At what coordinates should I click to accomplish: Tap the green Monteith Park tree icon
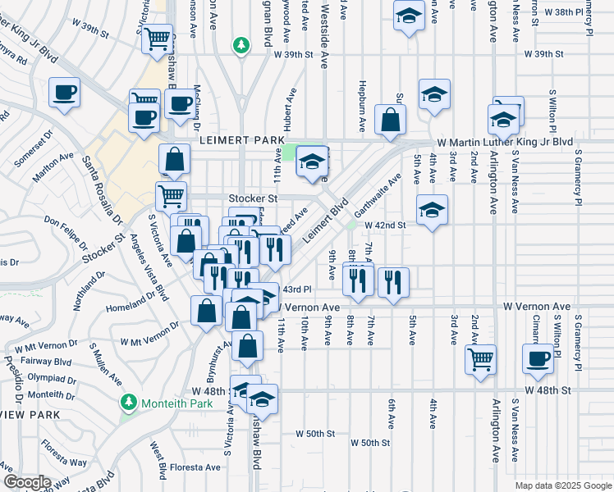coord(128,403)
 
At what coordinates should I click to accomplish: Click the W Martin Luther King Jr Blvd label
coord(505,142)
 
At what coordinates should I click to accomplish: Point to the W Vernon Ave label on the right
coord(537,306)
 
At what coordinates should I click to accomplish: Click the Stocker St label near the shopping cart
coord(254,198)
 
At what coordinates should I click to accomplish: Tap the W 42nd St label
coord(385,225)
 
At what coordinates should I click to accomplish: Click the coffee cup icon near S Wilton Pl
coord(538,358)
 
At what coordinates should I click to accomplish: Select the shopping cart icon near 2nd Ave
coord(480,358)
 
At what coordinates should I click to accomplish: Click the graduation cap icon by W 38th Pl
coord(408,16)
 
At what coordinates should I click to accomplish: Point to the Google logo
coord(26,482)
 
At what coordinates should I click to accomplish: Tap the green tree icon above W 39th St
coord(241,43)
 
